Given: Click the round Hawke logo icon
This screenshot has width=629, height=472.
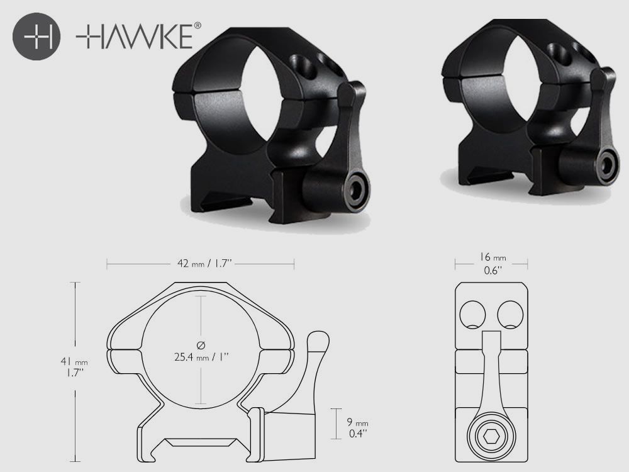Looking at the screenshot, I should click(x=36, y=37).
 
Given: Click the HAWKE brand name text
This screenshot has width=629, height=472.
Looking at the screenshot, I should click(x=133, y=37).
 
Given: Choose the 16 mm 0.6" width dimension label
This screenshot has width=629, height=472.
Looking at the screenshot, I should click(x=491, y=264).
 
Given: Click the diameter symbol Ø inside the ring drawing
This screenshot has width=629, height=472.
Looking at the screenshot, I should click(x=201, y=345).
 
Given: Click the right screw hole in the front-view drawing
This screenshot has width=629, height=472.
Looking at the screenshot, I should click(x=510, y=313).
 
